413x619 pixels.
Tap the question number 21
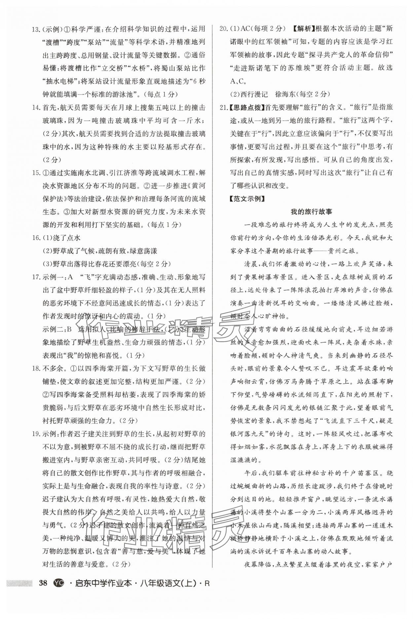coord(223,107)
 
